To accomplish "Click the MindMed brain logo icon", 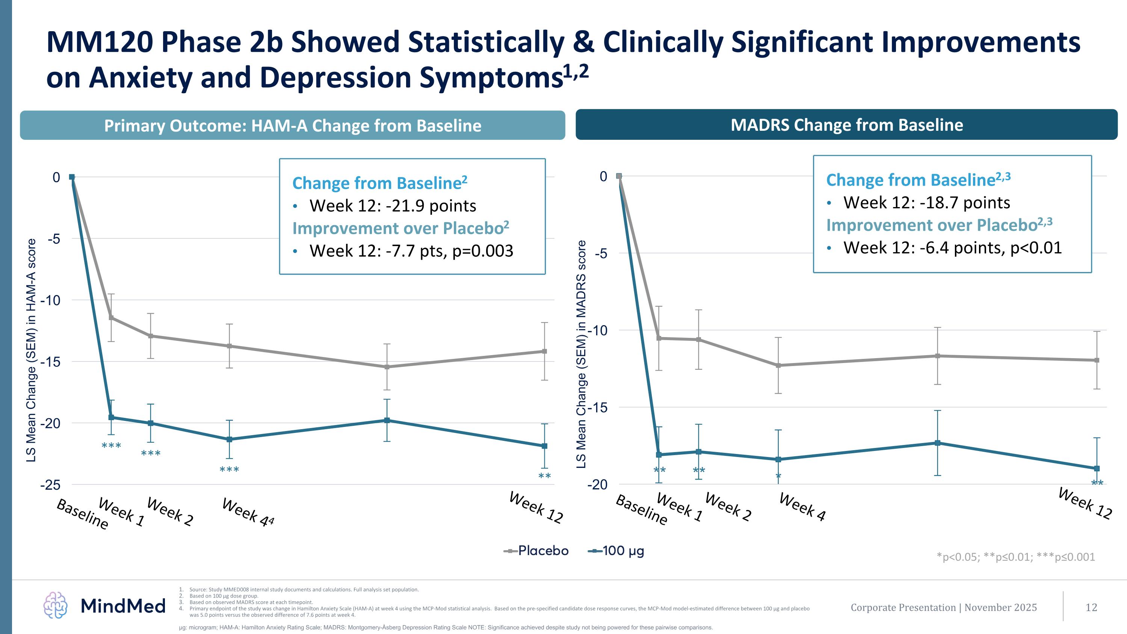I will coord(55,605).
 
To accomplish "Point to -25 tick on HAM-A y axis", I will coord(50,485).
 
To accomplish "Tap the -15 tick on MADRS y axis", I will coord(597,407).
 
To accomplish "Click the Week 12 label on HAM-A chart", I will coord(536,508).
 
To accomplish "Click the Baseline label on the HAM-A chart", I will coord(83,514).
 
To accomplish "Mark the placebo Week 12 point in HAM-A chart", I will coord(545,351).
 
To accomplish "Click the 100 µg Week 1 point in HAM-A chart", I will coord(111,418).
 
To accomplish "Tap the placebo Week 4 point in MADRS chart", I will coord(778,365).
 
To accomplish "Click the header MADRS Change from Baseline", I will coord(846,125).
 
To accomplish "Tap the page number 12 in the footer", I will coord(1091,607).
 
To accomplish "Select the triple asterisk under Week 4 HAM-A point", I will coord(229,470).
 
